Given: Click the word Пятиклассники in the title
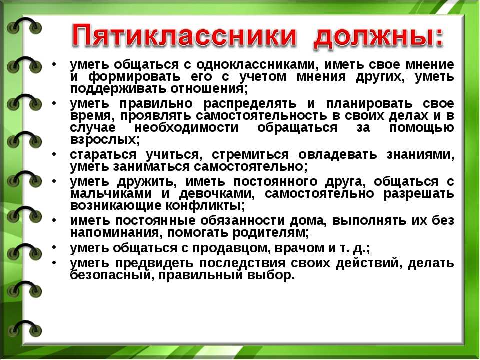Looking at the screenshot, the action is pyautogui.click(x=184, y=37).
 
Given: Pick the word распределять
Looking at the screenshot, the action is pyautogui.click(x=250, y=104).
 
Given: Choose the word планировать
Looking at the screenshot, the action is pyautogui.click(x=369, y=104).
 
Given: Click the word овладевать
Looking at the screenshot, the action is pyautogui.click(x=337, y=154).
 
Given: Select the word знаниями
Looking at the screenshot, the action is pyautogui.click(x=419, y=155).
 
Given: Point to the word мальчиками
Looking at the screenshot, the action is pyautogui.click(x=111, y=194).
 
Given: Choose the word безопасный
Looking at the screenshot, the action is pyautogui.click(x=110, y=275).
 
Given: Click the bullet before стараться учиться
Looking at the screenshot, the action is pyautogui.click(x=54, y=154).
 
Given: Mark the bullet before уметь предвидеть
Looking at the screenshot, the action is pyautogui.click(x=54, y=262).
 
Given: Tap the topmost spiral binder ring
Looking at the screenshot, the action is pyautogui.click(x=24, y=26).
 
